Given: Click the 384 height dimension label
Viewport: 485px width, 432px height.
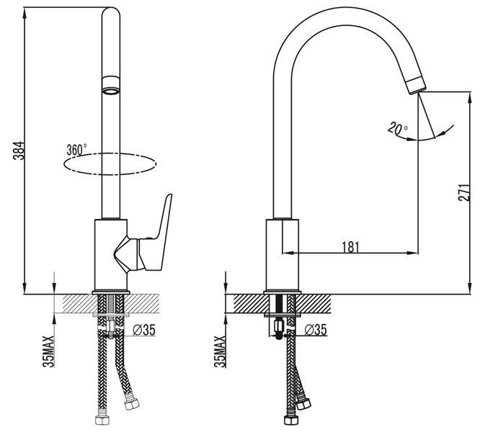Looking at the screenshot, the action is tap(19, 150).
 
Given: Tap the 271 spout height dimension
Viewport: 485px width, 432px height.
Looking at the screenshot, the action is tap(464, 192).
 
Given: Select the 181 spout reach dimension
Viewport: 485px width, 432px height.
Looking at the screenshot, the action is tap(350, 246).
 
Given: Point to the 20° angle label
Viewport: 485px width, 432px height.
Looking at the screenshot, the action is tap(398, 129).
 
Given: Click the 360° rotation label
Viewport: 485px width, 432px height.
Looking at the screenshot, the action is tap(76, 150).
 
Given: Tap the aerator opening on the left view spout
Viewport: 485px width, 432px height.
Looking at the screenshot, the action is tap(110, 91).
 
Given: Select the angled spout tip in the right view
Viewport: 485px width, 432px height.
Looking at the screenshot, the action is tap(416, 84).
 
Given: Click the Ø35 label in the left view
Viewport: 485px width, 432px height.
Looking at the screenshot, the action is tap(144, 330).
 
